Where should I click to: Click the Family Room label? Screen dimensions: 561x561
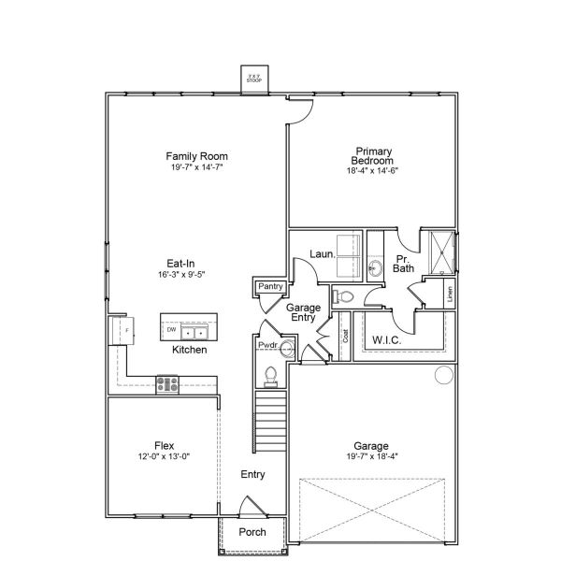coord(196,156)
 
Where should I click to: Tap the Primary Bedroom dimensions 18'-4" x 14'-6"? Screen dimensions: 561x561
coord(372,170)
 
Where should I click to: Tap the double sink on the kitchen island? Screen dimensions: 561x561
coord(194,331)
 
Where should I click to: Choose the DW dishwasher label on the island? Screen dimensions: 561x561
coord(171,330)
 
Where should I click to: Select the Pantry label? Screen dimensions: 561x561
coord(270,286)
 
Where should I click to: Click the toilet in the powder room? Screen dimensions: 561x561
coord(271,375)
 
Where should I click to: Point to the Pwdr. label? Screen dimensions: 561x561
coord(268,346)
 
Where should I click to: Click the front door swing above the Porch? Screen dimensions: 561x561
coord(250,507)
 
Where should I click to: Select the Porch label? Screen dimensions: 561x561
coord(252,532)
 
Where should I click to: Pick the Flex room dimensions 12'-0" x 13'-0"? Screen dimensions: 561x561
coord(165,457)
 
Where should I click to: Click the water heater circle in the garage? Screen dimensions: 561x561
coord(443,377)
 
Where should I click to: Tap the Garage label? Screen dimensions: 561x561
coord(371,446)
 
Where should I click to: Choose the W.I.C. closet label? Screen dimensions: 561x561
coord(388,338)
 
